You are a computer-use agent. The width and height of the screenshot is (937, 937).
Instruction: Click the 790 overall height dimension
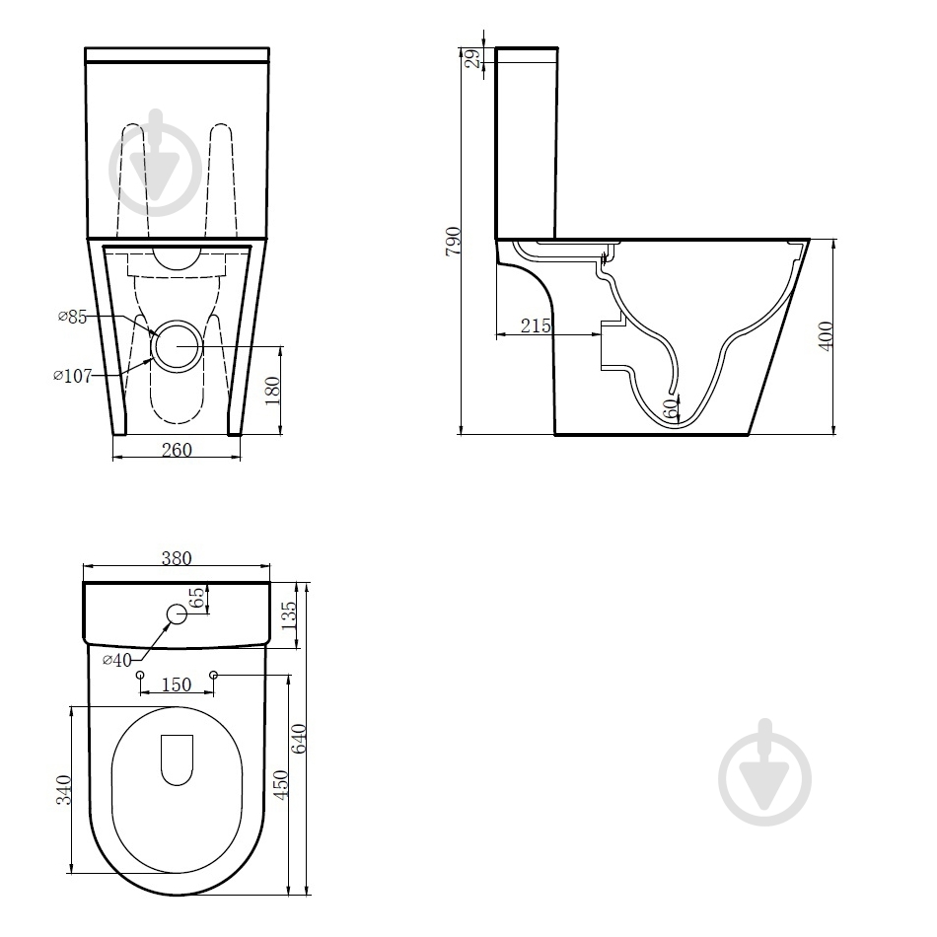[x=454, y=241]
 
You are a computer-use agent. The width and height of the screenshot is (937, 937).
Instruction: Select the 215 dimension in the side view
[x=536, y=325]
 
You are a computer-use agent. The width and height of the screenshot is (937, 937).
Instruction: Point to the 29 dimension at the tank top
[x=472, y=58]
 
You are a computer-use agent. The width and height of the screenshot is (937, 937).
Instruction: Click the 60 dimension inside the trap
[x=671, y=408]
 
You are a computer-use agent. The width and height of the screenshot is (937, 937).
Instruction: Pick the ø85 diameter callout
[x=72, y=317]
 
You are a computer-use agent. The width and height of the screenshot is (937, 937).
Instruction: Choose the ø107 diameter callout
[x=72, y=376]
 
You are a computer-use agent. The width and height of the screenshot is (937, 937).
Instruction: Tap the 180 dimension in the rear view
[x=272, y=391]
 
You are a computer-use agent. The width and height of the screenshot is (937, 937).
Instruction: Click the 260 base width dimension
[x=177, y=450]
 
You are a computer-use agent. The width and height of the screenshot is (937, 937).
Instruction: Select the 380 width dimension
[x=177, y=557]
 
